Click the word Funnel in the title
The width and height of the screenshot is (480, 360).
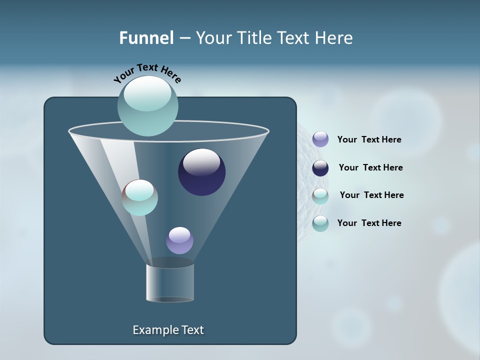click(x=146, y=38)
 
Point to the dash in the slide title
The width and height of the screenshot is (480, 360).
click(x=184, y=38)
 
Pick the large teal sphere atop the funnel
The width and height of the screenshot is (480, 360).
click(x=147, y=106)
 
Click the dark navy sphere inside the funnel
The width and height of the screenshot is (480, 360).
click(x=202, y=172)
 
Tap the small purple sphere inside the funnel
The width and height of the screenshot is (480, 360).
click(x=179, y=240)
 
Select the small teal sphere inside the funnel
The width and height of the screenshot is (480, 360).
click(x=140, y=197)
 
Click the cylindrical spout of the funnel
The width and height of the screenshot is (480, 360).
click(x=170, y=282)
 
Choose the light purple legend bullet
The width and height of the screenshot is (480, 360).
click(x=320, y=139)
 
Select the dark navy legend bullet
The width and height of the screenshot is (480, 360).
click(x=320, y=168)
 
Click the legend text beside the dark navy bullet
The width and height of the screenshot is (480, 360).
click(x=370, y=167)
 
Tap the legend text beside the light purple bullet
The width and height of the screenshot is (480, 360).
click(x=369, y=139)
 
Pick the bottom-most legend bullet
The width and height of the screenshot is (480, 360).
click(x=320, y=223)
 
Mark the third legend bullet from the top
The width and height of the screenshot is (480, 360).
click(x=320, y=196)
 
